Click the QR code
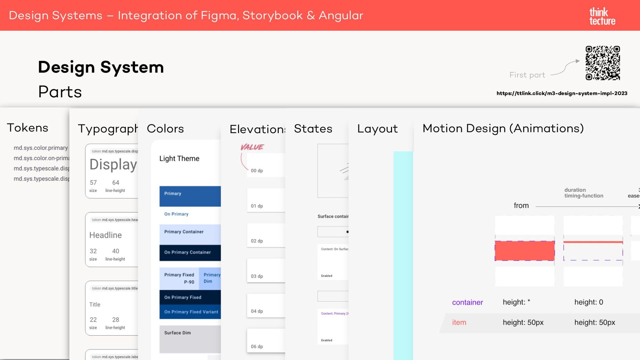click(603, 63)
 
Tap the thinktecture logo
click(602, 16)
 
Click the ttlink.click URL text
click(562, 93)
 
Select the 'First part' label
click(527, 75)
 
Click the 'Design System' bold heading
click(101, 67)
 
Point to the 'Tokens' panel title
click(28, 128)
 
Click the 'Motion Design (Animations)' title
click(503, 128)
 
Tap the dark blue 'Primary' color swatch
click(190, 196)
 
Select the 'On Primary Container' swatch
click(190, 252)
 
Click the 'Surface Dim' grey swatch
click(190, 339)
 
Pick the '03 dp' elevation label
click(257, 276)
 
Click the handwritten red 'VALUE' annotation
click(252, 147)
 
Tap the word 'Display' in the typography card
click(113, 164)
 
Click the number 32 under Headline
click(93, 251)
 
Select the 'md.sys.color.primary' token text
click(41, 148)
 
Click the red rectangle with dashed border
click(525, 251)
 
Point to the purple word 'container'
click(467, 302)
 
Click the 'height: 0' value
click(588, 302)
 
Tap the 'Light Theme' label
click(179, 159)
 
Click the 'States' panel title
click(313, 129)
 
